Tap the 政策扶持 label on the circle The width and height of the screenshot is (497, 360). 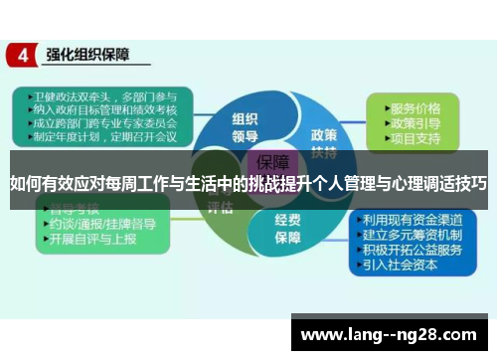[x=324, y=141]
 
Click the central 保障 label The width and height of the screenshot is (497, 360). [x=271, y=162]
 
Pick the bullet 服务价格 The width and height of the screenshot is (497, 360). [x=416, y=106]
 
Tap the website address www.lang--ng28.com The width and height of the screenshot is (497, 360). [x=392, y=332]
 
